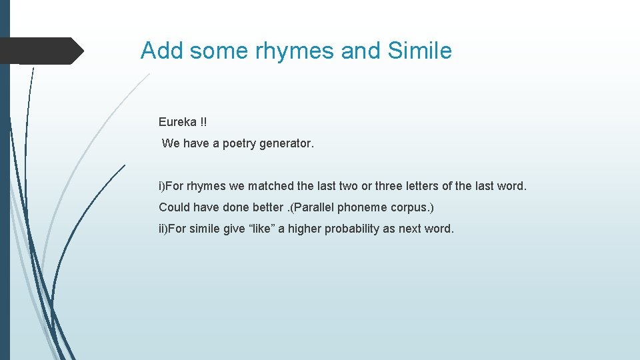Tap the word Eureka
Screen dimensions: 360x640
(x=177, y=122)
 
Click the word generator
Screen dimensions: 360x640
(x=288, y=143)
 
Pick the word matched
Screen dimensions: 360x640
(x=272, y=186)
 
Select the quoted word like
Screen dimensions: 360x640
(x=263, y=229)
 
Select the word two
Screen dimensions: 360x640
(x=347, y=186)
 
